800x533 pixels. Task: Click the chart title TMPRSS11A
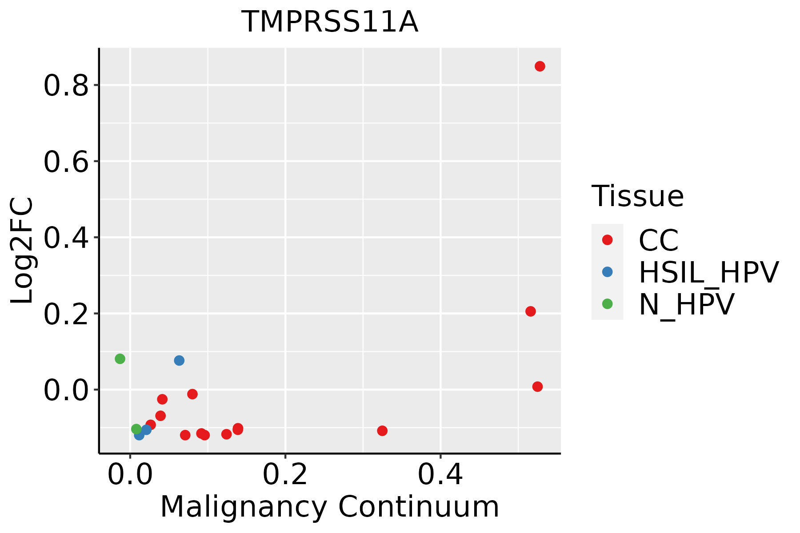(x=330, y=22)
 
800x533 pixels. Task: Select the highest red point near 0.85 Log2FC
(x=540, y=66)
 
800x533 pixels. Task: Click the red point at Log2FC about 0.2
(x=530, y=311)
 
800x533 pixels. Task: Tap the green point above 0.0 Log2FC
(x=120, y=359)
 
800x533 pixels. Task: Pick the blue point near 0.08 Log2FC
(x=179, y=360)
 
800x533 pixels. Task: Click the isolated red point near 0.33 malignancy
(x=382, y=430)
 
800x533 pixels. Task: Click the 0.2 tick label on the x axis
(x=285, y=475)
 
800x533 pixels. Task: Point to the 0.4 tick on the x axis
(x=440, y=475)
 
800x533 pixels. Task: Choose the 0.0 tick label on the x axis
(x=130, y=475)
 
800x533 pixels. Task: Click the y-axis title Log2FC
(x=22, y=251)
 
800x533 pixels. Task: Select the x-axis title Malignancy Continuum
(x=329, y=507)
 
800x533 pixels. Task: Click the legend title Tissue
(x=637, y=196)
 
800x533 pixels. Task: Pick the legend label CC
(x=658, y=240)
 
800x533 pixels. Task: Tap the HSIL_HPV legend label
(x=708, y=272)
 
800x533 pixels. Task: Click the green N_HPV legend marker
(x=607, y=304)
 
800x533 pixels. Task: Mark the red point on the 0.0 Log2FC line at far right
(x=537, y=386)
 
